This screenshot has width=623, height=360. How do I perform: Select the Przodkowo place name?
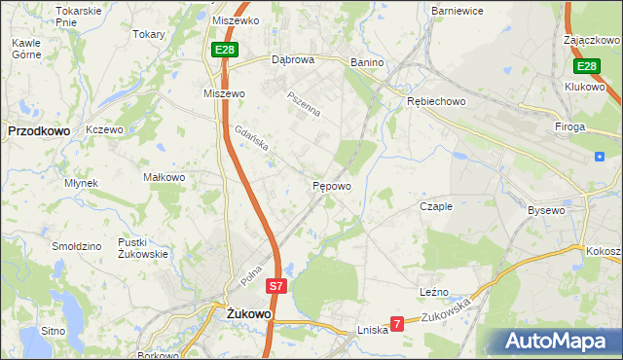click(37, 128)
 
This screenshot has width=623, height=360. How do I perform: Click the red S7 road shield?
click(276, 286)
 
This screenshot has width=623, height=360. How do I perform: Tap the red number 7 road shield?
click(397, 323)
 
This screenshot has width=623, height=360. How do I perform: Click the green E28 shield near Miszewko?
click(224, 49)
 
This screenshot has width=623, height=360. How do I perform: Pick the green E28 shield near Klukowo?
click(585, 66)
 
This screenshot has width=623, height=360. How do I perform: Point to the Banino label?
click(368, 63)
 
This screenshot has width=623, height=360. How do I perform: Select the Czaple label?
click(436, 206)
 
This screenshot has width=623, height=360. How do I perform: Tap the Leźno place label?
click(434, 291)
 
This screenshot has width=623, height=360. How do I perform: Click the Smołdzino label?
click(79, 246)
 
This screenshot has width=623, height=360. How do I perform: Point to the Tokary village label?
click(149, 33)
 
